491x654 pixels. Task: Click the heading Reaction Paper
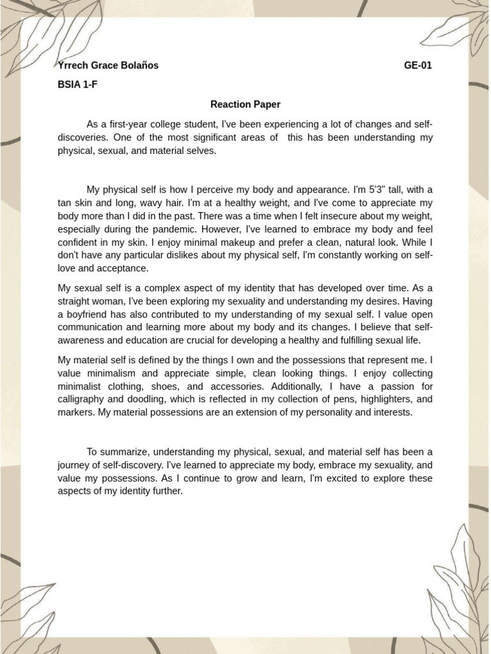point(245,104)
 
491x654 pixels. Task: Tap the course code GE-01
point(418,65)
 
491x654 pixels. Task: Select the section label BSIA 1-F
point(77,84)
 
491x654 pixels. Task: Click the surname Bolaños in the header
point(136,65)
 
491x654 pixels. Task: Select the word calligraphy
point(80,399)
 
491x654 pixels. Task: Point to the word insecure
point(330,217)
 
